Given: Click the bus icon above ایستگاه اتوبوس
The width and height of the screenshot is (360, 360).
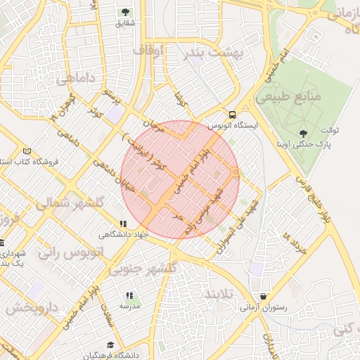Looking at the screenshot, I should pyautogui.click(x=232, y=115).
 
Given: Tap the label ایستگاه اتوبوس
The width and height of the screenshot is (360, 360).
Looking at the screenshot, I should pyautogui.click(x=232, y=125).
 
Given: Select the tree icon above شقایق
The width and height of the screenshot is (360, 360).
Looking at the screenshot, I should pyautogui.click(x=126, y=12).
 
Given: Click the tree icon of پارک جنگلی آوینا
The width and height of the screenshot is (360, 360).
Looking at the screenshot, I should pyautogui.click(x=304, y=133).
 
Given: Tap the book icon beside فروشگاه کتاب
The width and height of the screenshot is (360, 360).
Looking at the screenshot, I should pyautogui.click(x=27, y=151).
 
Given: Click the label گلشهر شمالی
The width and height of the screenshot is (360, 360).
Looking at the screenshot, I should pyautogui.click(x=67, y=204).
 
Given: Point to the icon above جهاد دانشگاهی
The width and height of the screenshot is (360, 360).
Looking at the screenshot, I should pyautogui.click(x=124, y=224).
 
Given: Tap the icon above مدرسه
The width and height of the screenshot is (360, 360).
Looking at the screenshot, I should pyautogui.click(x=129, y=296).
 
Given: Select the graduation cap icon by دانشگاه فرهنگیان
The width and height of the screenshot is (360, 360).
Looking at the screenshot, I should pyautogui.click(x=110, y=345).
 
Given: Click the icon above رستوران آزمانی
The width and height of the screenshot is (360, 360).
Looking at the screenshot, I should pyautogui.click(x=264, y=297).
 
